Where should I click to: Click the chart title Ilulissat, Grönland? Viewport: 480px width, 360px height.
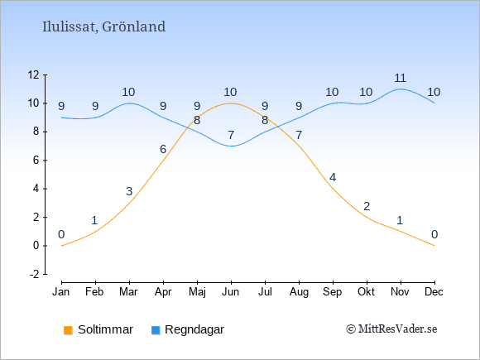pyautogui.click(x=103, y=27)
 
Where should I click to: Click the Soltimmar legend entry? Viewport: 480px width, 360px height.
pyautogui.click(x=98, y=329)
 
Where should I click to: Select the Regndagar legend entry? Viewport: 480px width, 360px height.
pyautogui.click(x=188, y=329)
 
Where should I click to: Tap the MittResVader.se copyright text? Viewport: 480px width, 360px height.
pyautogui.click(x=391, y=329)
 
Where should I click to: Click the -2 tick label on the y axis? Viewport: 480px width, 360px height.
pyautogui.click(x=35, y=274)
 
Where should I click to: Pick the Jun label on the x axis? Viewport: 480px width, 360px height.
pyautogui.click(x=231, y=292)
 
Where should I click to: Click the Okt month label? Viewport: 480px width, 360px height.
pyautogui.click(x=366, y=292)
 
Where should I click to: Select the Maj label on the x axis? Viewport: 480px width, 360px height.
pyautogui.click(x=197, y=292)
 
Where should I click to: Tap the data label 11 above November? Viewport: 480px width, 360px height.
pyautogui.click(x=400, y=78)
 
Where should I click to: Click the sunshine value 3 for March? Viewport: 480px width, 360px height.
pyautogui.click(x=129, y=191)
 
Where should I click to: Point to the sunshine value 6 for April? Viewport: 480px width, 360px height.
pyautogui.click(x=163, y=149)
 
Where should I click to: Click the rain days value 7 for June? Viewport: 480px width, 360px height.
pyautogui.click(x=231, y=135)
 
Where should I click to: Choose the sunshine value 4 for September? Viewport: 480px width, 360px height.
pyautogui.click(x=333, y=177)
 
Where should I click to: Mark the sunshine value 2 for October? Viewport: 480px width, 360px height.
pyautogui.click(x=367, y=206)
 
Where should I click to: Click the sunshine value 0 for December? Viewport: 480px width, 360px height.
pyautogui.click(x=434, y=234)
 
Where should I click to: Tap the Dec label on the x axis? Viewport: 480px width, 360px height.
pyautogui.click(x=434, y=292)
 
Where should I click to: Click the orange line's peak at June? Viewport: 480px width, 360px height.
pyautogui.click(x=231, y=103)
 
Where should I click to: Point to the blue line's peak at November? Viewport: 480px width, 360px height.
pyautogui.click(x=401, y=89)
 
